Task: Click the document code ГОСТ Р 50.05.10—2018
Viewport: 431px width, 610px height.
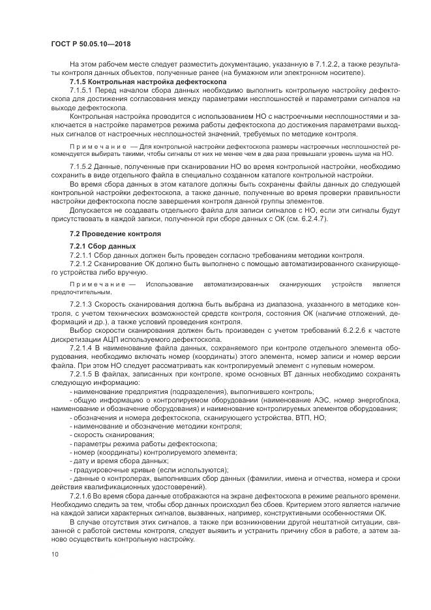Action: click(x=95, y=44)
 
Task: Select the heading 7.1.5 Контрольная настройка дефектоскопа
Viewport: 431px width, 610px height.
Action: click(x=148, y=83)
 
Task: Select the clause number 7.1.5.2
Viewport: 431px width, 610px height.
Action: click(x=82, y=168)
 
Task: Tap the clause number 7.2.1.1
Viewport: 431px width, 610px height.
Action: click(x=82, y=254)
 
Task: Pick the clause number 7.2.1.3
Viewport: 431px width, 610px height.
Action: click(x=82, y=304)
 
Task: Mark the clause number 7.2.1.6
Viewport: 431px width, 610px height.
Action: click(x=82, y=496)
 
